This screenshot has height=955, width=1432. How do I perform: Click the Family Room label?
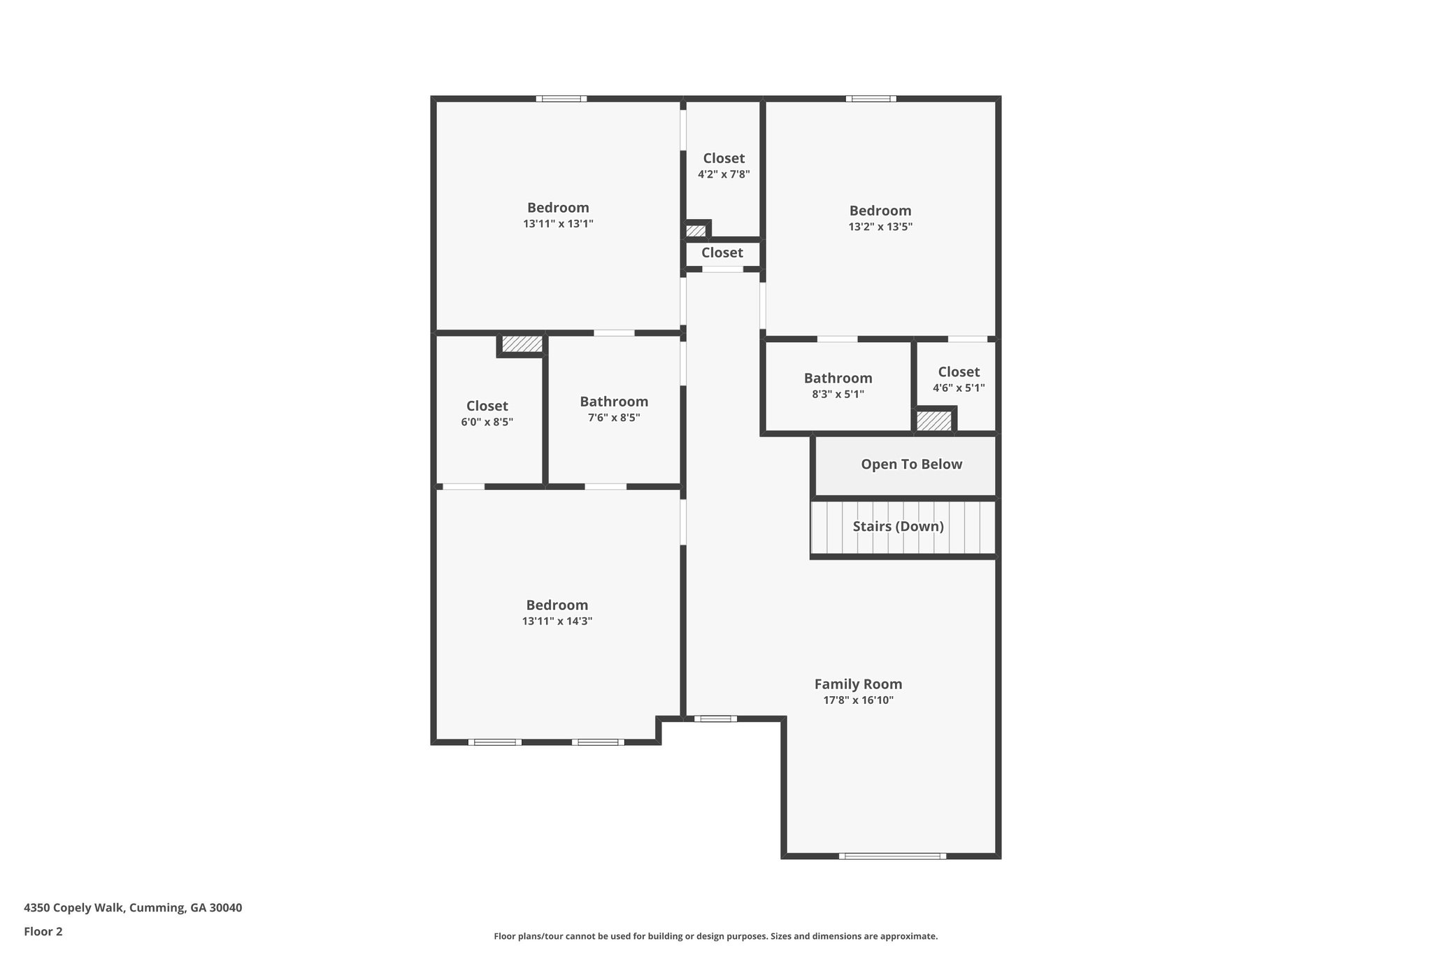(x=858, y=684)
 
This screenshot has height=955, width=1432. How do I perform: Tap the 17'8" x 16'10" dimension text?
(x=858, y=700)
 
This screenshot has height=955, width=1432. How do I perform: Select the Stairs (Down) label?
(x=898, y=526)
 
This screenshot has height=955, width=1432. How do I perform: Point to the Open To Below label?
(x=911, y=465)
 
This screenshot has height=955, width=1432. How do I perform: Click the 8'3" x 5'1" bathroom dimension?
(x=838, y=394)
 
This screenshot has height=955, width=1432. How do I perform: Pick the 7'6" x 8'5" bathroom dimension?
(x=613, y=418)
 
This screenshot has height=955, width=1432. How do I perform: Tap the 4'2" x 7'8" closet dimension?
(x=724, y=174)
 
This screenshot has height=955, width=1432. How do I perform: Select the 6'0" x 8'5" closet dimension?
(x=487, y=422)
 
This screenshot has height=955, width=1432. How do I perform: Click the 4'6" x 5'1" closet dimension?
(x=959, y=388)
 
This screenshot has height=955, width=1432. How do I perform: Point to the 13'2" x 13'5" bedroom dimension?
(x=880, y=227)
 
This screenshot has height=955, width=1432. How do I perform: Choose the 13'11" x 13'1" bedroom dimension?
(x=558, y=224)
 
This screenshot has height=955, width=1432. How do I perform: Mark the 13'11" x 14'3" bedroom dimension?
(x=557, y=621)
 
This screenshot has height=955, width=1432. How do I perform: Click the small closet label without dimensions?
(x=722, y=253)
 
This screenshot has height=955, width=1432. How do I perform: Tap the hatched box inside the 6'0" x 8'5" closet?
(x=522, y=344)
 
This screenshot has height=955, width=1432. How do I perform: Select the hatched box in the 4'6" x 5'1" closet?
(x=933, y=421)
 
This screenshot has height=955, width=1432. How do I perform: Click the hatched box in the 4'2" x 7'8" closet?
(x=696, y=230)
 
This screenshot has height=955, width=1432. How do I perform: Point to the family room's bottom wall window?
(x=892, y=856)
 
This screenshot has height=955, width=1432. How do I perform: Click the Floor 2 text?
(x=43, y=931)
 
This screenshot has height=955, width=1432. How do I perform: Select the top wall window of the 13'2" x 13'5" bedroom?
(x=871, y=99)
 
